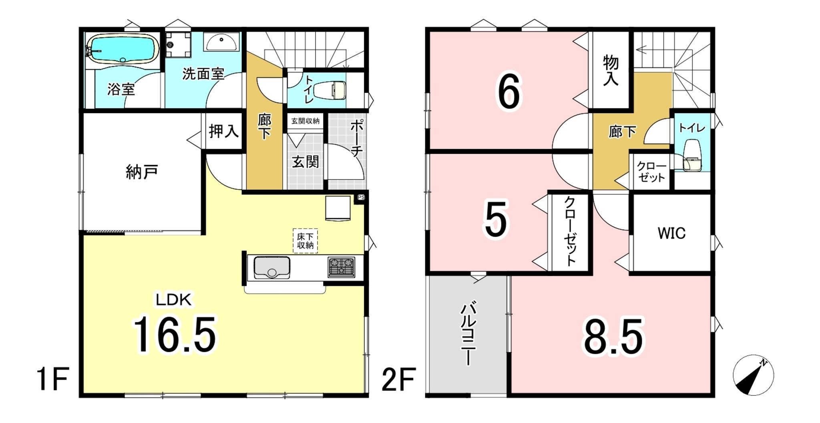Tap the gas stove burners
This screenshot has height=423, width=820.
click(x=342, y=267)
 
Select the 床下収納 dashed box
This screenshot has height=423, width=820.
click(x=305, y=241)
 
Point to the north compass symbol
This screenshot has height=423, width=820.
click(x=753, y=375)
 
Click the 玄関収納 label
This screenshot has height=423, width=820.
click(x=305, y=121)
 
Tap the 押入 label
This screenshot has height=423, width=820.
click(x=223, y=131)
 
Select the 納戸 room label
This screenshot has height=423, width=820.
click(x=142, y=172)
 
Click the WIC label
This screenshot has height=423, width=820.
click(x=671, y=233)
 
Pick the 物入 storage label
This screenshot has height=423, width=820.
click(x=611, y=70)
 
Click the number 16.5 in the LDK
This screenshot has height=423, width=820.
click(x=175, y=334)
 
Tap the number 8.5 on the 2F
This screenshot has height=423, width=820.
click(x=613, y=336)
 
